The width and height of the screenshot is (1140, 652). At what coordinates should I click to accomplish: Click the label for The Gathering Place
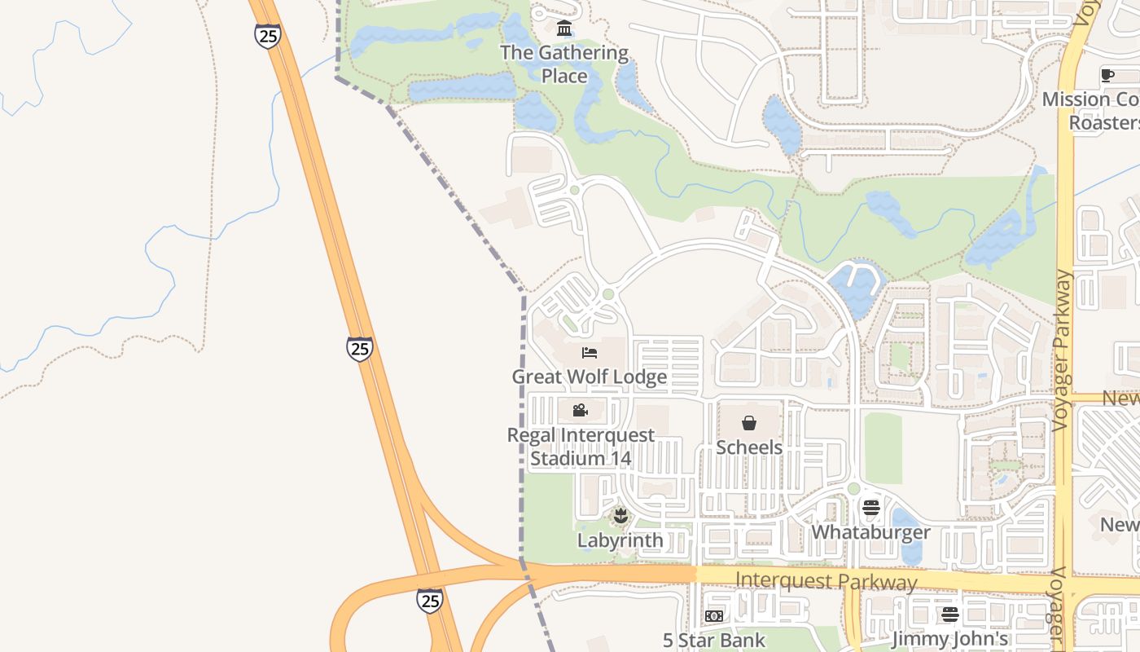point(564,64)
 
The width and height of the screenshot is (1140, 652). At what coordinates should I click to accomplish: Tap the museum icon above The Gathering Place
point(563,29)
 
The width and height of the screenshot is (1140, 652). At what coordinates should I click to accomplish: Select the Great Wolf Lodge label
point(590,377)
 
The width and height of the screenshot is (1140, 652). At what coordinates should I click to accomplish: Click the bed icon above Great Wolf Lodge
point(590,353)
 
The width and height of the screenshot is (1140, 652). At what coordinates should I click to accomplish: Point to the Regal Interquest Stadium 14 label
point(581,447)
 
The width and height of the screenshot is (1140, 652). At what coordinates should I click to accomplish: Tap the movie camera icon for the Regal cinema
point(580,410)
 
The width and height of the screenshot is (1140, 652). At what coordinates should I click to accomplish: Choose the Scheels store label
point(749,447)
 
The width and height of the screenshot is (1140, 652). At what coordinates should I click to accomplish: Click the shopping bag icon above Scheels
point(749,423)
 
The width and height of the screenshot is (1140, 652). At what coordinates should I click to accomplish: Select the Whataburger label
point(870,532)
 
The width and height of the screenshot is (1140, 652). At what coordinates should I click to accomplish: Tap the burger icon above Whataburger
point(871,509)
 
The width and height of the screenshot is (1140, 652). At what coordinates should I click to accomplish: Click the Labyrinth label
point(620,540)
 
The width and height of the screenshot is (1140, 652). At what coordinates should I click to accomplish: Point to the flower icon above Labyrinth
point(620,515)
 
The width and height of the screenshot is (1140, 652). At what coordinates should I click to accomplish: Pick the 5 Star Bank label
point(714,641)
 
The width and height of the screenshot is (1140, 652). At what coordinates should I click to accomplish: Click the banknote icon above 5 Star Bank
point(714,616)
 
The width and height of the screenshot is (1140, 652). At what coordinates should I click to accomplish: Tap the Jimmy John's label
point(950,639)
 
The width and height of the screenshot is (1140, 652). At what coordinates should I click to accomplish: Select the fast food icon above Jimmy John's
point(950,615)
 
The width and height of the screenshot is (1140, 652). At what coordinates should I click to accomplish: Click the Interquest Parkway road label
point(826,582)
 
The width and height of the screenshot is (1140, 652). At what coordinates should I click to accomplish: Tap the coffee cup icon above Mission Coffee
point(1107,76)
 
